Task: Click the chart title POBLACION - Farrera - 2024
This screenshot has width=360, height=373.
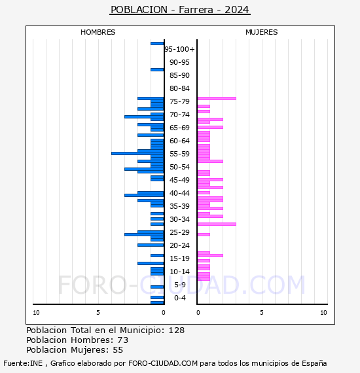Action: (x=180, y=10)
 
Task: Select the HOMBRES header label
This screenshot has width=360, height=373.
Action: (x=98, y=32)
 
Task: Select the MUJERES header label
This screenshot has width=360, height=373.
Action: (x=261, y=32)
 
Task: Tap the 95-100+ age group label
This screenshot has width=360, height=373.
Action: (x=179, y=49)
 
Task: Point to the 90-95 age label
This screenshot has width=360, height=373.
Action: (x=179, y=62)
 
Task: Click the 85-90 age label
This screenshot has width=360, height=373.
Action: (x=179, y=75)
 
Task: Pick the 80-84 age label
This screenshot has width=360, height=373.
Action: (x=179, y=88)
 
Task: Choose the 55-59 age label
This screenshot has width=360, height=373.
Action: (x=179, y=154)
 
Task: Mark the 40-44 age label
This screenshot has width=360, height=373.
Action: (x=179, y=193)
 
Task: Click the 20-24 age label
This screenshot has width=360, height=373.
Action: (x=179, y=245)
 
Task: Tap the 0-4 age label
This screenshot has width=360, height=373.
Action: (x=179, y=298)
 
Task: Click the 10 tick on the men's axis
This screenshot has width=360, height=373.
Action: (x=36, y=313)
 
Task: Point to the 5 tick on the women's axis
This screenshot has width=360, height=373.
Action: (x=261, y=313)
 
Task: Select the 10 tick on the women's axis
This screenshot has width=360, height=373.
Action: (x=323, y=313)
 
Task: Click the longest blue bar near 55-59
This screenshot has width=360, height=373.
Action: (x=137, y=153)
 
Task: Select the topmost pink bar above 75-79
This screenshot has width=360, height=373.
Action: (x=216, y=98)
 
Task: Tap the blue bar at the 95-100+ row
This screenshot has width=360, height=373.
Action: (x=157, y=43)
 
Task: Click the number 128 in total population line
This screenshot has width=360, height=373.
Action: (x=176, y=330)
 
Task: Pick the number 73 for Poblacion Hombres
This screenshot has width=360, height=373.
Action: (x=122, y=340)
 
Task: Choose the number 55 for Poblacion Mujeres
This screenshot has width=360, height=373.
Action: (x=118, y=350)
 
